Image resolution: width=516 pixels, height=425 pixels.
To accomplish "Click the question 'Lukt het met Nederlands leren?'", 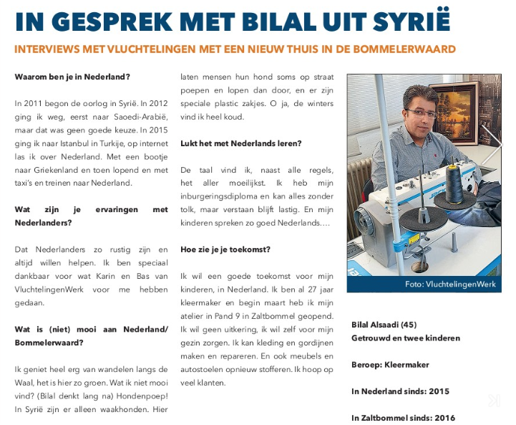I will (240, 143).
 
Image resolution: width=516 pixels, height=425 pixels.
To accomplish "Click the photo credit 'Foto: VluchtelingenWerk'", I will (449, 285).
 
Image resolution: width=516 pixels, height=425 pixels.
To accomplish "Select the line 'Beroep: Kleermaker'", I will (390, 364).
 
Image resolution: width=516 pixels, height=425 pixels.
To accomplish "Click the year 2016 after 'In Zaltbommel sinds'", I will (443, 417).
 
